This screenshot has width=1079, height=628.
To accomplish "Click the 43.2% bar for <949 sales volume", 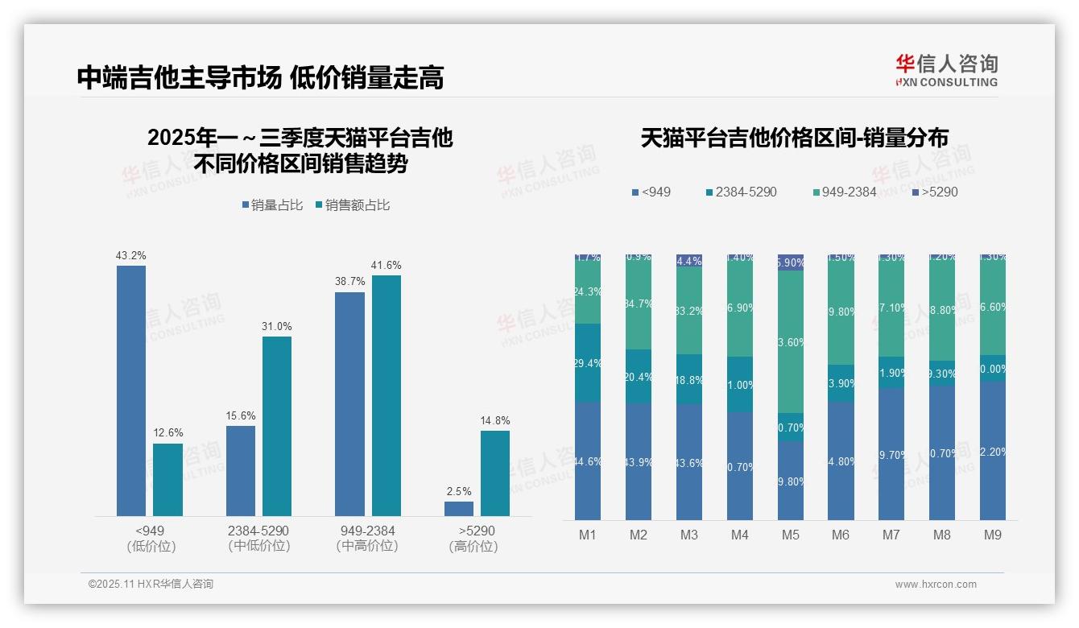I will click(131, 390).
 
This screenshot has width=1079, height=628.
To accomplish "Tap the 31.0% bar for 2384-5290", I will click(277, 426).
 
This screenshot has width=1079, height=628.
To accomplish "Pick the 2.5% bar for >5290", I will click(459, 508).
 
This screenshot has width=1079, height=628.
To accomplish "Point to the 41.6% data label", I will click(386, 265).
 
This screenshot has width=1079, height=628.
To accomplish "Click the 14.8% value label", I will click(495, 420).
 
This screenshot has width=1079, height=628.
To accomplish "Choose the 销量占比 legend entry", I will click(272, 205).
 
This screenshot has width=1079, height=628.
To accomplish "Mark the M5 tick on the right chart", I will click(790, 535).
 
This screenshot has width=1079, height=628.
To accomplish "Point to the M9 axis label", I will click(992, 535).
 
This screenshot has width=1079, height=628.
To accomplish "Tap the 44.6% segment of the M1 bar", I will click(588, 461).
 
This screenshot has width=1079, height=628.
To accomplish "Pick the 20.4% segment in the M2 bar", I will click(639, 376).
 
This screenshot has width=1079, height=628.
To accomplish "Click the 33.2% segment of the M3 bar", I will click(689, 311).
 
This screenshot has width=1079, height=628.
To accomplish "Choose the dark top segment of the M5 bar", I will click(790, 262).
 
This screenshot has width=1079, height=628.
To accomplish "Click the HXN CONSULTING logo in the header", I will click(946, 71).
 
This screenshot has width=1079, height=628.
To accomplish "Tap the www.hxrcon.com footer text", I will click(936, 585).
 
